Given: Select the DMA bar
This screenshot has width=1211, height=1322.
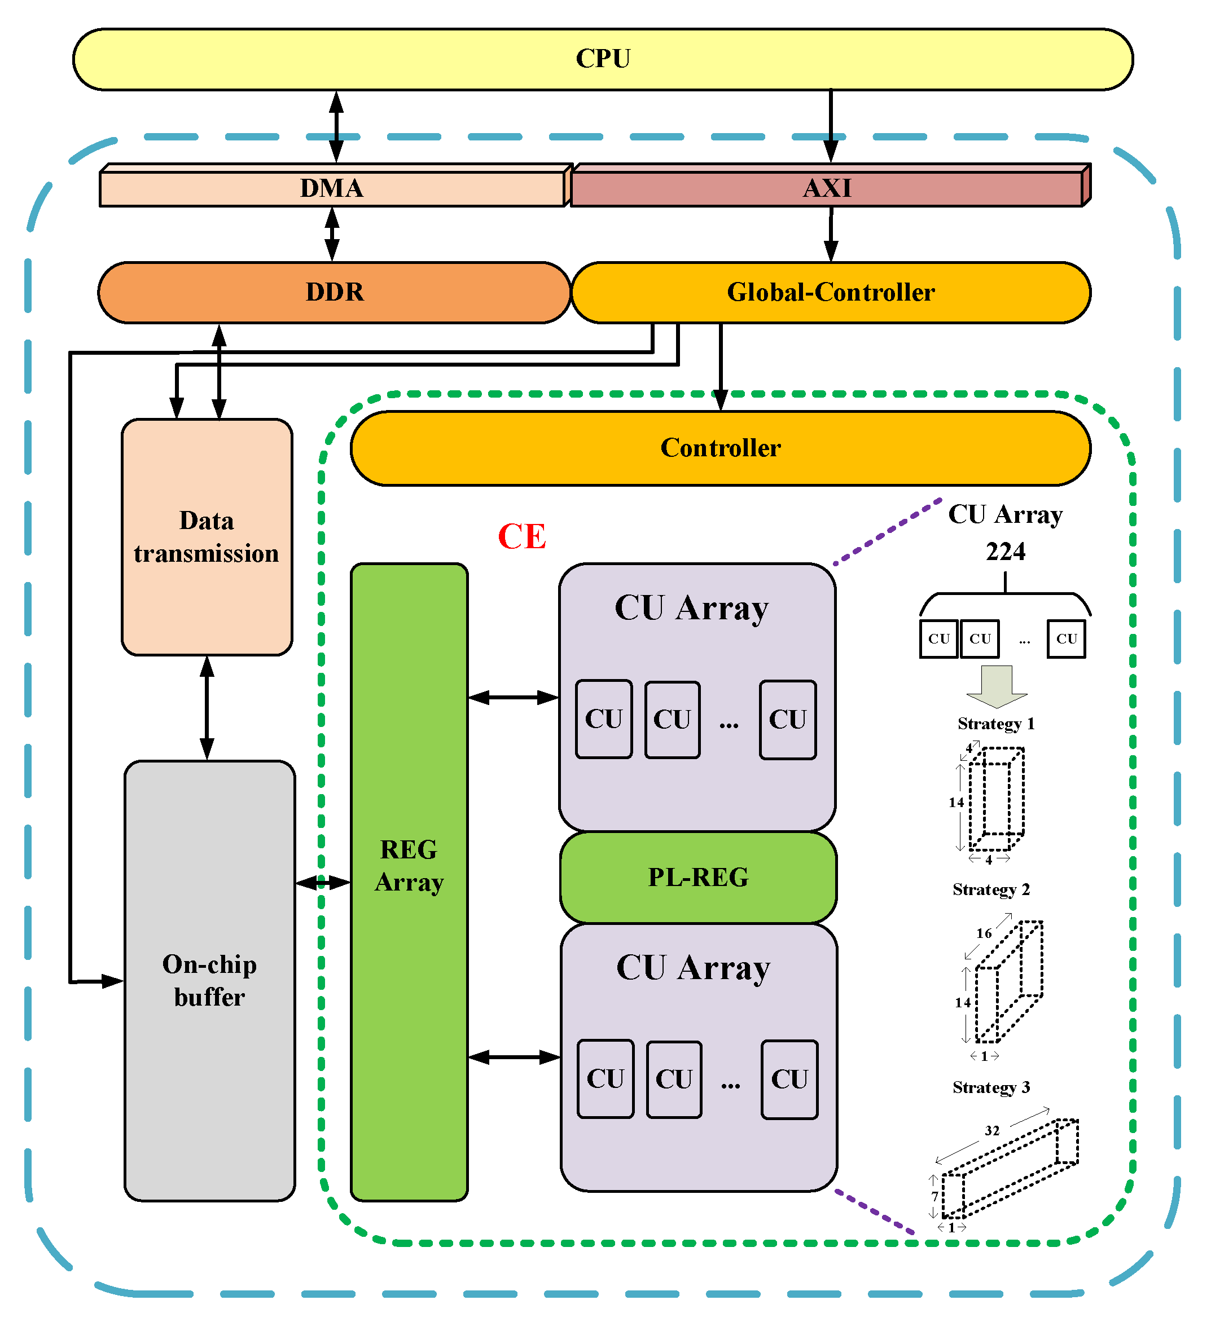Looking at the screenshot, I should pyautogui.click(x=332, y=188).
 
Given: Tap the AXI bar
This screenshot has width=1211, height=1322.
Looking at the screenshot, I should pyautogui.click(x=828, y=188).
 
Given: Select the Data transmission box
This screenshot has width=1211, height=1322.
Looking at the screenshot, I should pyautogui.click(x=207, y=537).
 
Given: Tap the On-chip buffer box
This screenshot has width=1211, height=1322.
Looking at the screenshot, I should pyautogui.click(x=210, y=981).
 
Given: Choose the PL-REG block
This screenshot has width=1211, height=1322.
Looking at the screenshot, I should pyautogui.click(x=699, y=878).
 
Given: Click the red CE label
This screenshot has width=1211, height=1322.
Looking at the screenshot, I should pyautogui.click(x=522, y=537).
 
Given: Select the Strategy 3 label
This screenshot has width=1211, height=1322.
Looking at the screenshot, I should pyautogui.click(x=992, y=1088).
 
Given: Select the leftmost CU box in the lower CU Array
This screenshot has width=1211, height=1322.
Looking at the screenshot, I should pyautogui.click(x=605, y=1079).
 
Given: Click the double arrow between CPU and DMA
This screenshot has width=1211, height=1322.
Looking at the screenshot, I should pyautogui.click(x=336, y=126).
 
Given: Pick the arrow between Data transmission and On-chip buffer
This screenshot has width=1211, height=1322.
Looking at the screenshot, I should pyautogui.click(x=207, y=708).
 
